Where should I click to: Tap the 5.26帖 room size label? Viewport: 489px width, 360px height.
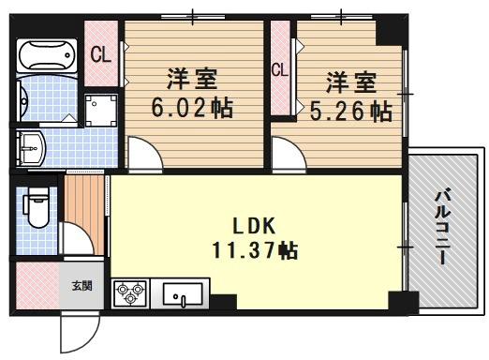point(350,112)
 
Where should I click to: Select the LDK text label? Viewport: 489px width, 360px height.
point(252,226)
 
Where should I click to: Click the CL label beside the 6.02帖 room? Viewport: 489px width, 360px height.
point(100,55)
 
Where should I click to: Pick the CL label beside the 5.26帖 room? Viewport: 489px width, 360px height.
point(279,68)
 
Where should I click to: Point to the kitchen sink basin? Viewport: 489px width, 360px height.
point(184,295)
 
